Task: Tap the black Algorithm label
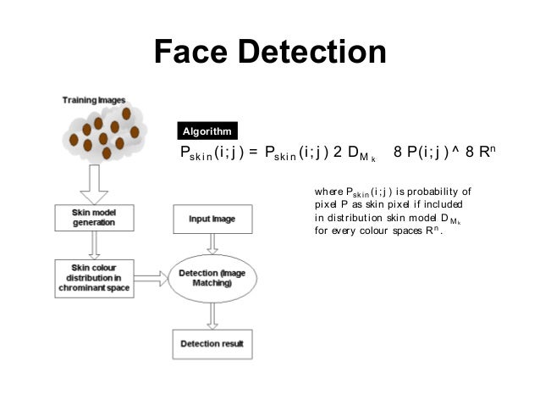point(207,131)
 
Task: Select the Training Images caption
point(92,101)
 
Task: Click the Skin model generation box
point(94,218)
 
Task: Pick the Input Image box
point(212,218)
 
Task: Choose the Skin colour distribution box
point(94,277)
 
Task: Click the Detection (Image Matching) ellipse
point(212,278)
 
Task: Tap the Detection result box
point(212,344)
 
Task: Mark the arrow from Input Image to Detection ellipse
point(212,243)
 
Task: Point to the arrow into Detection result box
point(212,315)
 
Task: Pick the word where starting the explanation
point(328,191)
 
